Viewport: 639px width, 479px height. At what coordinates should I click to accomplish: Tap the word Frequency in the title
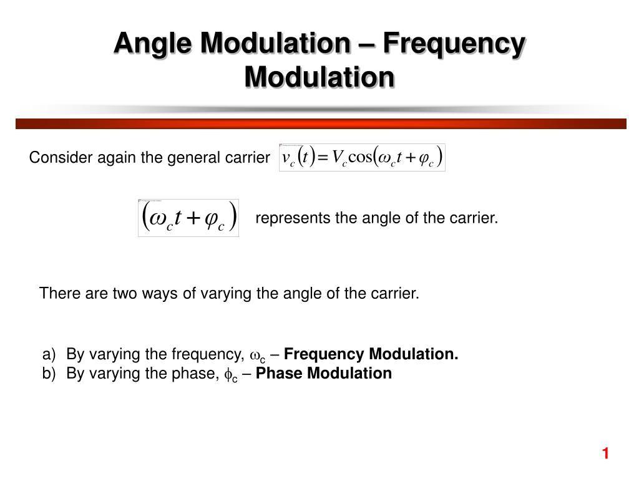point(454,43)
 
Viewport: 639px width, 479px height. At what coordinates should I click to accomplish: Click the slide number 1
point(605,453)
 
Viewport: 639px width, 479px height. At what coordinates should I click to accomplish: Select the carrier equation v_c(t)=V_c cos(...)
point(362,157)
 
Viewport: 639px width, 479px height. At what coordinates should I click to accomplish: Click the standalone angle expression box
point(188,218)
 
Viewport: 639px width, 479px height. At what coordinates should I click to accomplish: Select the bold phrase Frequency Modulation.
point(371,354)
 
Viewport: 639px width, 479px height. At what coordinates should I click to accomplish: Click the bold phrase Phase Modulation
point(324,373)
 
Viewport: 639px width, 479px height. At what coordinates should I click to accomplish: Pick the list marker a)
point(49,354)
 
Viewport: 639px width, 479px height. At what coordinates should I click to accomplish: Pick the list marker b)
point(49,373)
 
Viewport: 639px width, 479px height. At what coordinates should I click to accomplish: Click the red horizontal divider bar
point(319,123)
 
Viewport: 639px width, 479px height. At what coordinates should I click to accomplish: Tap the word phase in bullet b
point(190,373)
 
